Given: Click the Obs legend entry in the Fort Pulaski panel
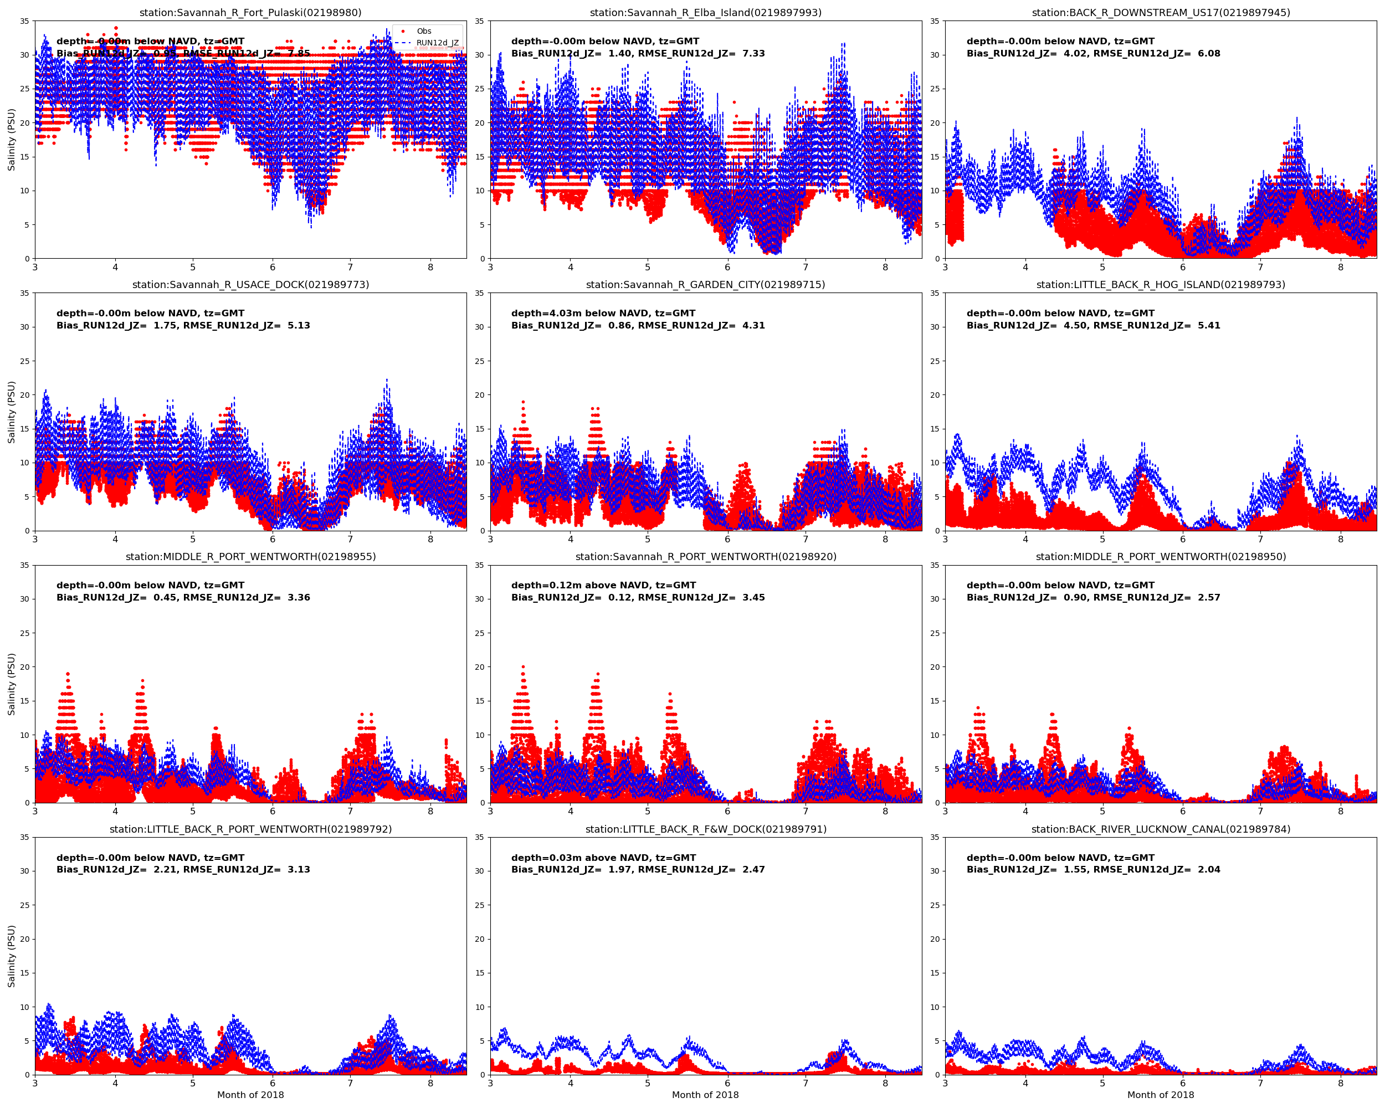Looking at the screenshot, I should coord(423,31).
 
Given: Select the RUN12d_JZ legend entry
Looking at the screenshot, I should coord(437,43).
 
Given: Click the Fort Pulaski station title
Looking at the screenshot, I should coord(250,13).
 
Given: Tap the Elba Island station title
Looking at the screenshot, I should coord(705,13).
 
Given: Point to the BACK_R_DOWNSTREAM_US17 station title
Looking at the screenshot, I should coord(1161,13).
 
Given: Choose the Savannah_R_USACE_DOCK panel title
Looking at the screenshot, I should coord(250,285).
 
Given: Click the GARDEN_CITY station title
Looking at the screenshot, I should coord(705,285).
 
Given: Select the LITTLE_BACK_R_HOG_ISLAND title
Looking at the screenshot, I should coord(1161,285).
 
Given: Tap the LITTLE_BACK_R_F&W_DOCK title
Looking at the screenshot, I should coord(705,829).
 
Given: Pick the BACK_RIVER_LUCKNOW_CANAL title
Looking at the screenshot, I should coord(1161,829).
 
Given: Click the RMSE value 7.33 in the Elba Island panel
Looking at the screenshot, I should coord(753,53).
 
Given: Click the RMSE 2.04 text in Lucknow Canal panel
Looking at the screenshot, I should coord(1208,870).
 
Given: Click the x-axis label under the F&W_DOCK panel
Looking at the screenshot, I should coord(705,1095).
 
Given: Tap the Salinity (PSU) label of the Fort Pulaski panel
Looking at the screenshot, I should coord(12,140).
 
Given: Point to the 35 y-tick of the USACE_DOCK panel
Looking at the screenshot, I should coord(24,294).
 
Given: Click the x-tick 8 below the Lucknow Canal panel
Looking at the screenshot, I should coord(1341,1083).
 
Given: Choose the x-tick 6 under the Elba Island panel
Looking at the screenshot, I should coord(728,267).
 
